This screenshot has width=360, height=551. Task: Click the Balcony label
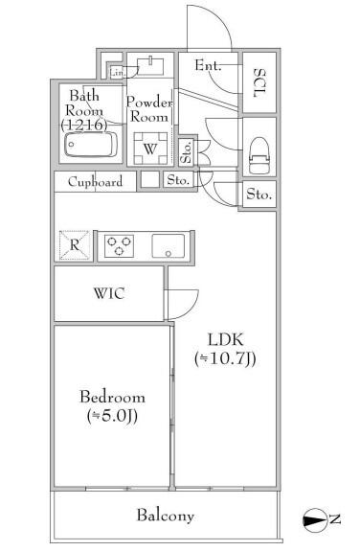(165, 516)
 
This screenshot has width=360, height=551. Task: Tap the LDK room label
(226, 339)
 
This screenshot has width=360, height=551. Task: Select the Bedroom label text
(112, 397)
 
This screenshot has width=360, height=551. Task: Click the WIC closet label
(109, 293)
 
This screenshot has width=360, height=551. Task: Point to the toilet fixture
(259, 155)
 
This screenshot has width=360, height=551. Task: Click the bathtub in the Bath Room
(91, 145)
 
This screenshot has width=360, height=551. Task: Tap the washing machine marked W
(150, 149)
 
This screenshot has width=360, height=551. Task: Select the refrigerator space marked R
(74, 245)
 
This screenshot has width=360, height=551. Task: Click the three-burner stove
(119, 246)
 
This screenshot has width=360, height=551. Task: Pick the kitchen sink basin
(169, 246)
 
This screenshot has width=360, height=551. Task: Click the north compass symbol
(313, 518)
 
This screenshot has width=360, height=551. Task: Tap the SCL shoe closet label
(259, 83)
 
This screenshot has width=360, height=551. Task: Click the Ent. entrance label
(209, 65)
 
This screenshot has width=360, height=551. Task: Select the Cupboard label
(95, 182)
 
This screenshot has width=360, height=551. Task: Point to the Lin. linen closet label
(118, 73)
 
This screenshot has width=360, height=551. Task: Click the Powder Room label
(149, 109)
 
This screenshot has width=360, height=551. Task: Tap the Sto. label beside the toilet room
(259, 194)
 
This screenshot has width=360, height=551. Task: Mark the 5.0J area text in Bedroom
(112, 416)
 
